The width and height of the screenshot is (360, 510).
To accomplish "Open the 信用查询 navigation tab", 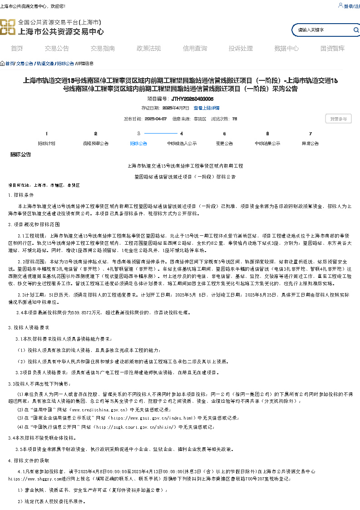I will (195, 49).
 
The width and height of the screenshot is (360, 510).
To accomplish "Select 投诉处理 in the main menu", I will (241, 49).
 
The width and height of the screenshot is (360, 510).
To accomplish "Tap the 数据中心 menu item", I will (286, 49).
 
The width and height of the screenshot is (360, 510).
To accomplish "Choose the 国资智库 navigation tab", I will (332, 49).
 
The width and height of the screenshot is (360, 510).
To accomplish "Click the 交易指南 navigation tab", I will (103, 49).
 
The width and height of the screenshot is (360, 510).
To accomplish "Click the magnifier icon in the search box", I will (356, 30).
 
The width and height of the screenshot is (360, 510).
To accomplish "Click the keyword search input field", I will (322, 30).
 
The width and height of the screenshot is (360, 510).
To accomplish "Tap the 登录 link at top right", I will (348, 6).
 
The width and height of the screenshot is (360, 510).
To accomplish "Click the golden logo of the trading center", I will (7, 27).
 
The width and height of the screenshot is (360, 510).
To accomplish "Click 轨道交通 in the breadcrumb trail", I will (45, 64).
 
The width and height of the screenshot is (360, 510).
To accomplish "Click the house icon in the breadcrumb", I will (2, 64).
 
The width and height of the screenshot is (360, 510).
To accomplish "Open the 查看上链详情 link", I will (207, 108).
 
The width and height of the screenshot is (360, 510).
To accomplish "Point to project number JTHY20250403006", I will (192, 99).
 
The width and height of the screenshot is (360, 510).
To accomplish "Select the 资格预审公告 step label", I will (95, 144).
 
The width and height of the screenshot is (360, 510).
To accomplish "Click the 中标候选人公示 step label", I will (182, 144).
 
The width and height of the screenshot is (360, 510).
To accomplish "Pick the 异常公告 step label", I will (310, 144).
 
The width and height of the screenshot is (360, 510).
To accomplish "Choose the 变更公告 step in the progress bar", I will (224, 144).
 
